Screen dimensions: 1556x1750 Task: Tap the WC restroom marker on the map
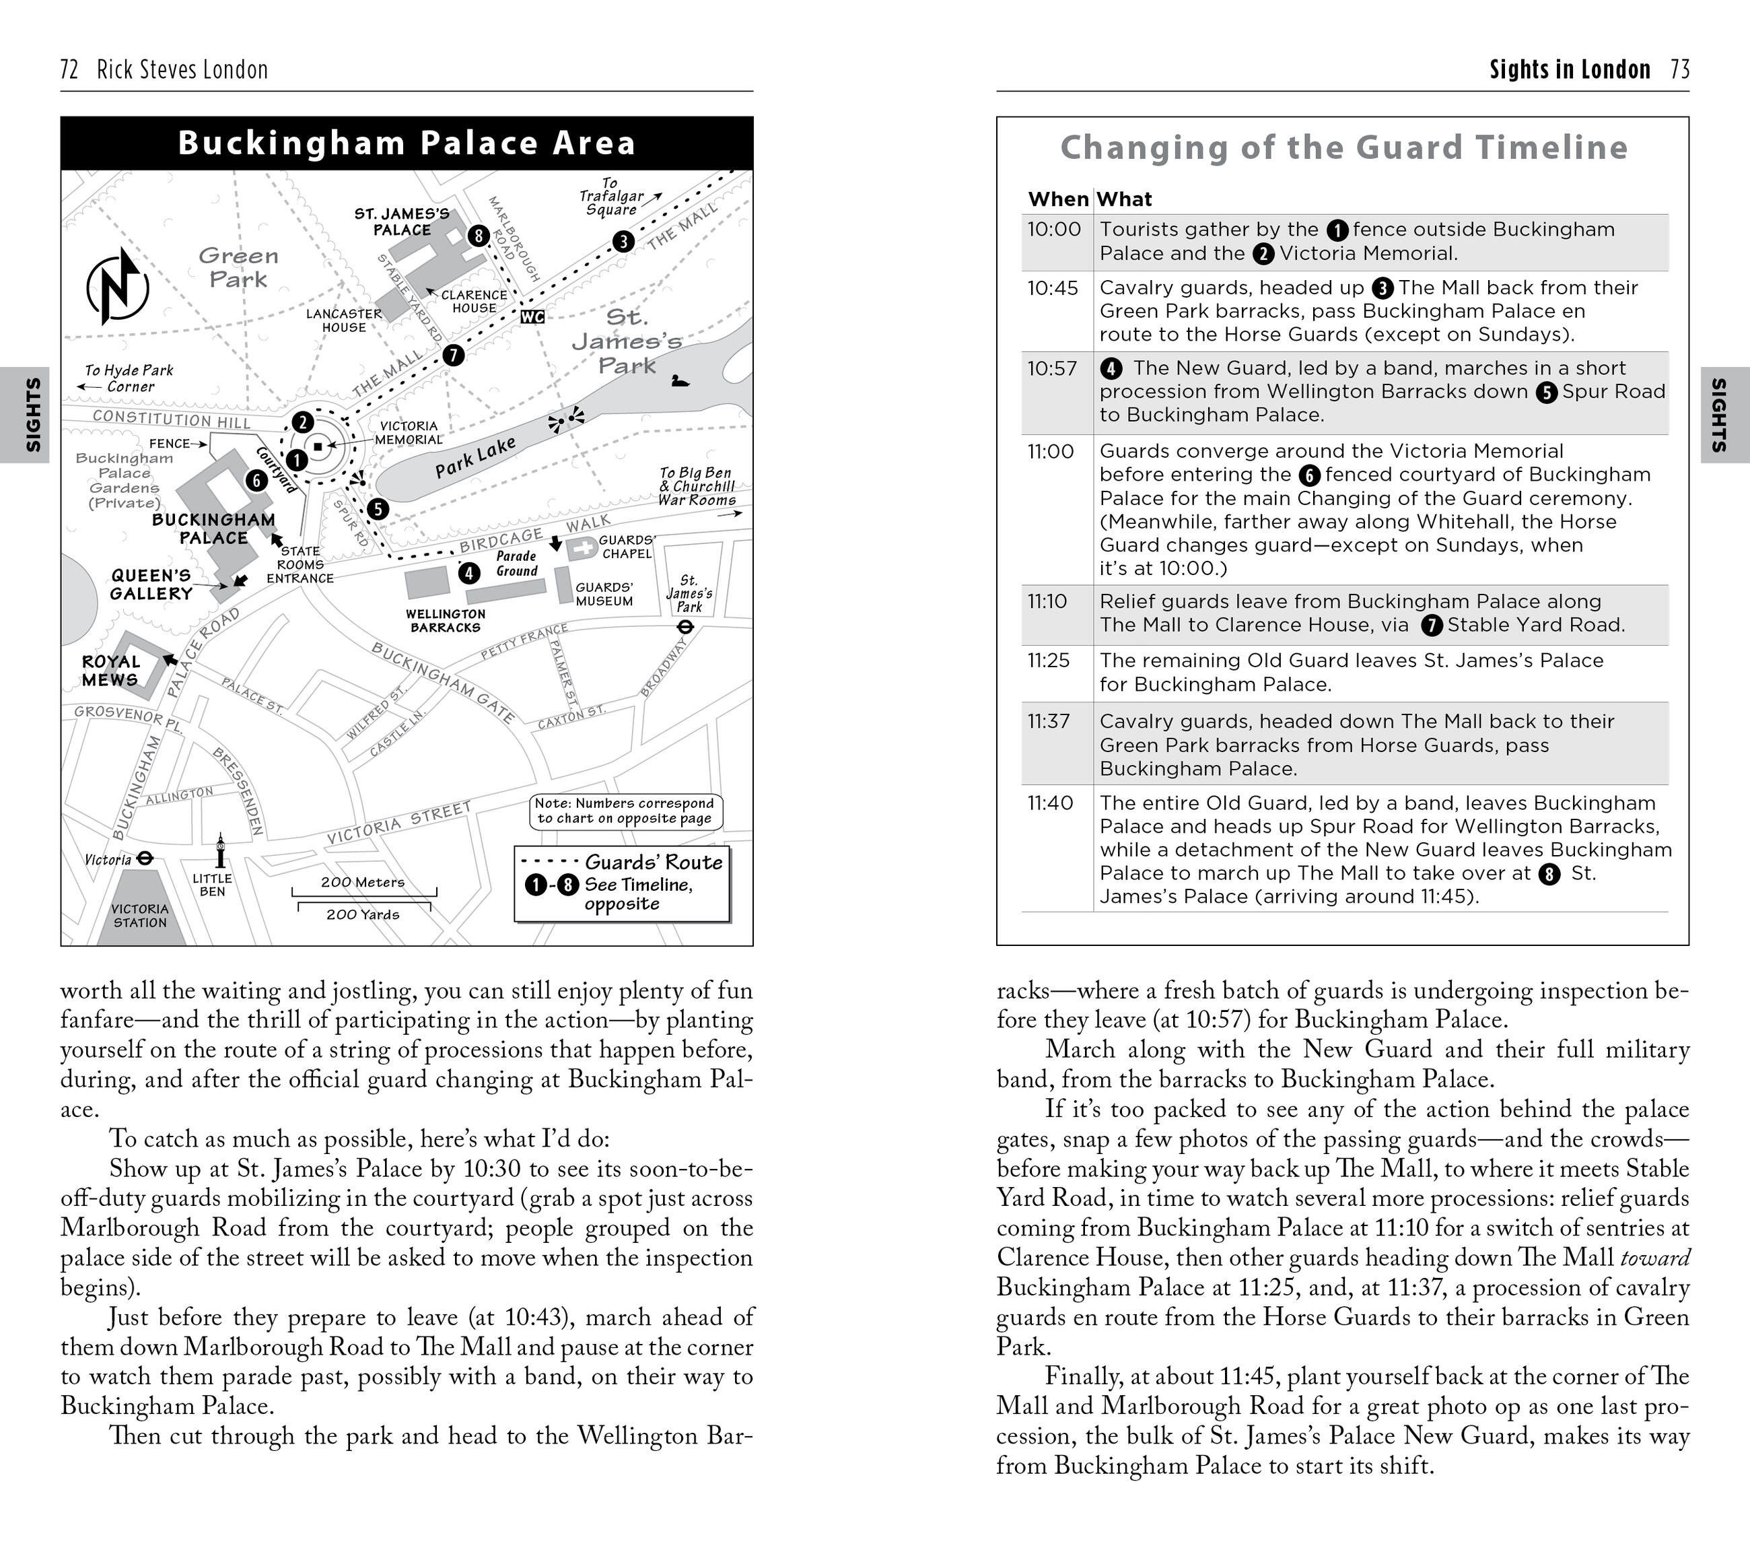pyautogui.click(x=532, y=317)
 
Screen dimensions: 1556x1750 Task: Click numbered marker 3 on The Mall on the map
pyautogui.click(x=623, y=242)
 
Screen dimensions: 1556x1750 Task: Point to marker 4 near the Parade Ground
pyautogui.click(x=469, y=573)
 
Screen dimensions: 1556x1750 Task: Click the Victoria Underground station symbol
pyautogui.click(x=145, y=857)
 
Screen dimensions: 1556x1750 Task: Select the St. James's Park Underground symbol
pyautogui.click(x=685, y=627)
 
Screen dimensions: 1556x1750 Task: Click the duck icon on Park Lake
pyautogui.click(x=680, y=380)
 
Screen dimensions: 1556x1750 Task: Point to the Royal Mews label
pyautogui.click(x=110, y=671)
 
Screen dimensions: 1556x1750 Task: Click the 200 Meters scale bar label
pyautogui.click(x=363, y=882)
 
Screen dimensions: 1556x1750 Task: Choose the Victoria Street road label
pyautogui.click(x=399, y=823)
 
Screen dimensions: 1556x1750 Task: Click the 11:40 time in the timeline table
pyautogui.click(x=1051, y=803)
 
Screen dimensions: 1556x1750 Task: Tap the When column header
pyautogui.click(x=1057, y=199)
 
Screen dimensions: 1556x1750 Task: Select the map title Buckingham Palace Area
pyautogui.click(x=407, y=143)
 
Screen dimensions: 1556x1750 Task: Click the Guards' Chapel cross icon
pyautogui.click(x=583, y=549)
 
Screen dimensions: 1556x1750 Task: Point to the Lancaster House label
pyautogui.click(x=344, y=320)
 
